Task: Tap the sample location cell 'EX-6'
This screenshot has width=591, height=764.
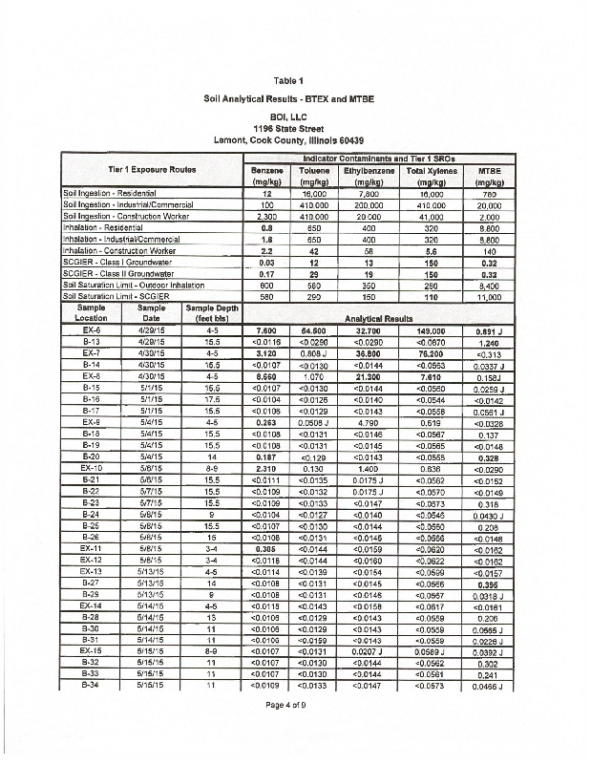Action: (x=94, y=329)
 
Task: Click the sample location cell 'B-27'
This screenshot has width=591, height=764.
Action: (x=94, y=584)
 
